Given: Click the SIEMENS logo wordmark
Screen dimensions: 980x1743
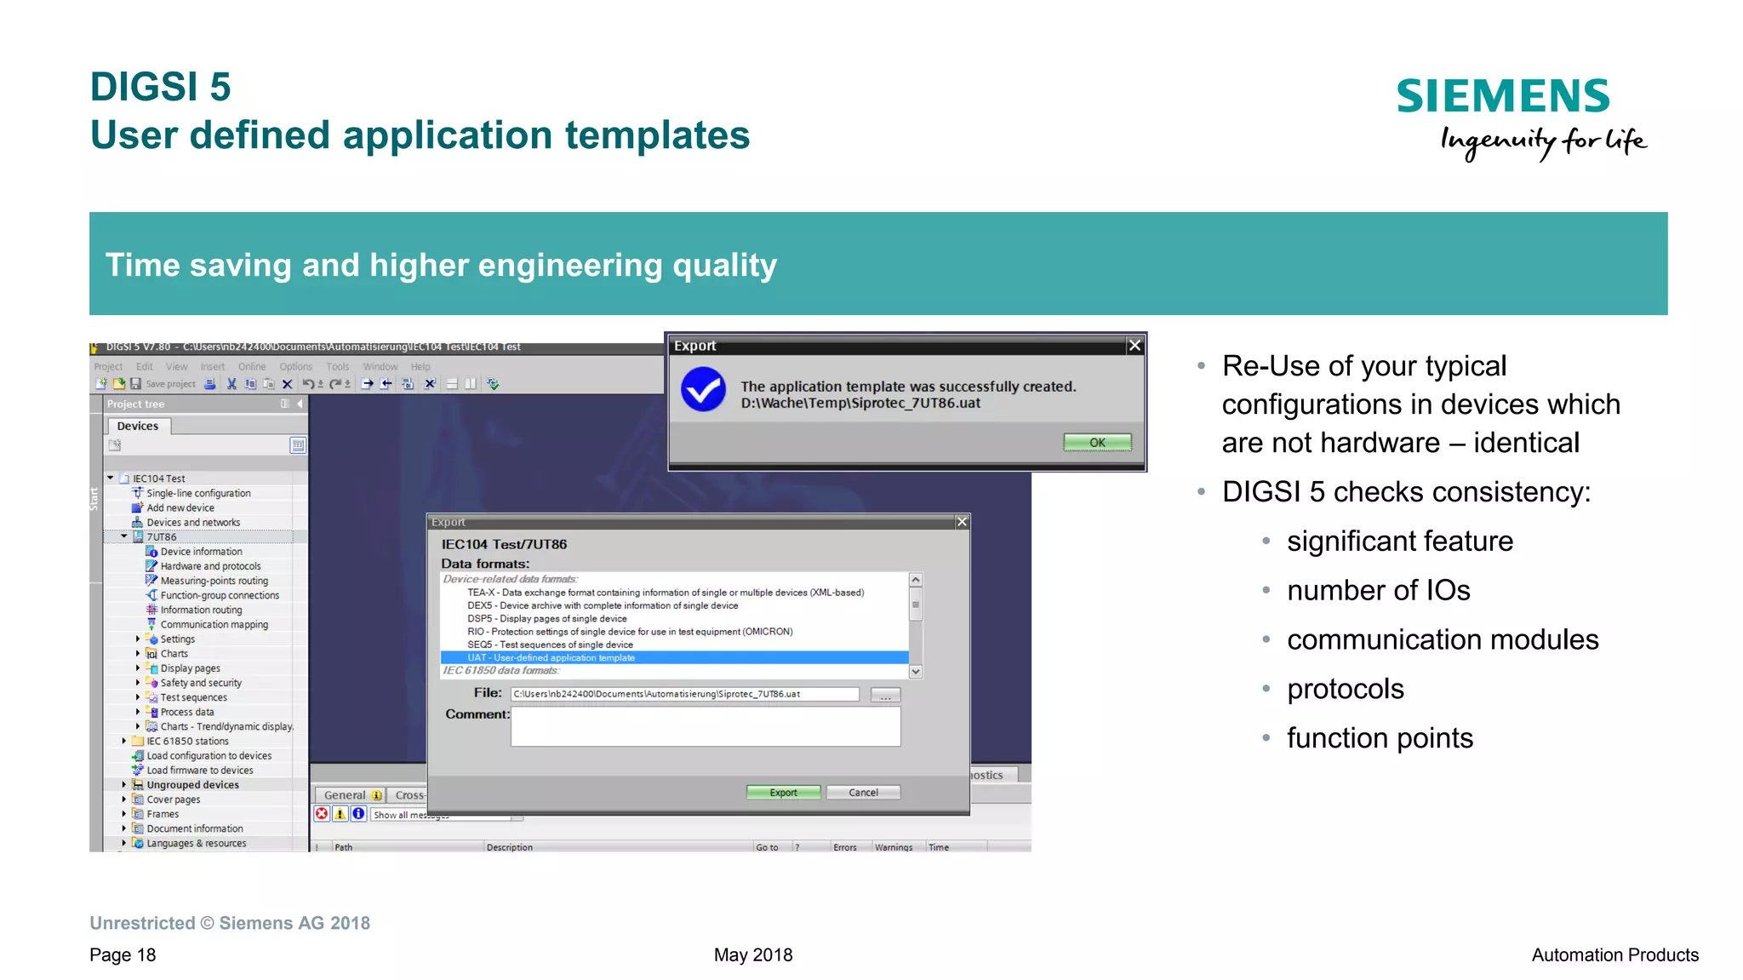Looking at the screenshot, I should [1503, 95].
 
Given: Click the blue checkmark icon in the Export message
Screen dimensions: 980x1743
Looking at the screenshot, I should [703, 389].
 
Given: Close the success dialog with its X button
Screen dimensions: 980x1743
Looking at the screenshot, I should [1134, 345].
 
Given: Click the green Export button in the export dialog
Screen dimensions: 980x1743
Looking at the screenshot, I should [783, 792].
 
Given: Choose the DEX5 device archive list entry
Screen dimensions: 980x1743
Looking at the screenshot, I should [603, 605].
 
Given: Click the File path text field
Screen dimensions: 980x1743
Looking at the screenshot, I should [684, 694].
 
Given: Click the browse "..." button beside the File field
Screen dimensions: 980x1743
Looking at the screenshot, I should [885, 695].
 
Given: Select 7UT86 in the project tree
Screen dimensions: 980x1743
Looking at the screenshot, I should [162, 536].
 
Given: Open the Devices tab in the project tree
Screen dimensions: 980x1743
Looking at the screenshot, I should [138, 426].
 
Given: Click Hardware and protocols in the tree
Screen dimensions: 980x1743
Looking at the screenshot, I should [210, 565].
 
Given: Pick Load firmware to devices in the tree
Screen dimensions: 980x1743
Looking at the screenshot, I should [199, 770].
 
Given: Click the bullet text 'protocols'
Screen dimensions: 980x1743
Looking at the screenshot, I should [1345, 688].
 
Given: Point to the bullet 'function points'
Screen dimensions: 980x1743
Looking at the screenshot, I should [1379, 737].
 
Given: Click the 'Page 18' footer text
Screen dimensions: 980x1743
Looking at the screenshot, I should [123, 954].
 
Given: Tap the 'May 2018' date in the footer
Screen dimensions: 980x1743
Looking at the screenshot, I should [752, 954].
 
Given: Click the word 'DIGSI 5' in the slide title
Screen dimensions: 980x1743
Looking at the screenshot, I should [160, 87].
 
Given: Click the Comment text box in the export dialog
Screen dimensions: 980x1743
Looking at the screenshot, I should [705, 726].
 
